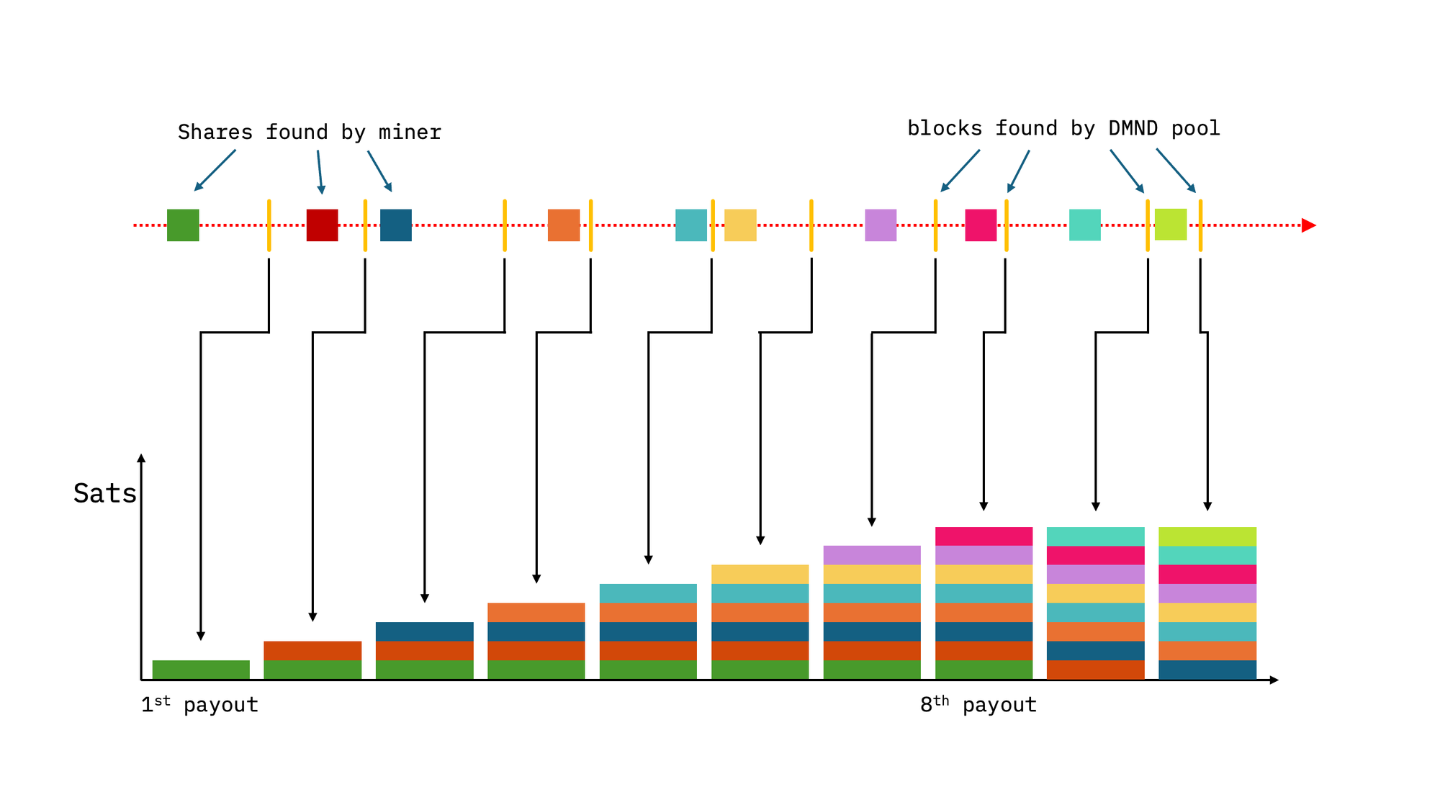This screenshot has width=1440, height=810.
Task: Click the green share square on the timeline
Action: pos(183,225)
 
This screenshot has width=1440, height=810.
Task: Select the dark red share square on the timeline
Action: pos(323,225)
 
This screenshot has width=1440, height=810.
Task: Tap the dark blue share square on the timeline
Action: pos(396,225)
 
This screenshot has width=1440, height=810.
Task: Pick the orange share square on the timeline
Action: pos(564,225)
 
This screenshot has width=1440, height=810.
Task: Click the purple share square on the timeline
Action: pos(881,225)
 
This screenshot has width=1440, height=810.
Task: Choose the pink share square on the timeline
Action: pos(981,225)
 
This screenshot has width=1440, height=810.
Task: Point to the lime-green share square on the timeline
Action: pos(1171,225)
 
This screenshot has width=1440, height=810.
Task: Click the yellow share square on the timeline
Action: pos(740,225)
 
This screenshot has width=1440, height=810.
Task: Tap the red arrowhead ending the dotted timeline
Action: pos(1309,225)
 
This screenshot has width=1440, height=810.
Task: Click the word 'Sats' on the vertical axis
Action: pos(105,494)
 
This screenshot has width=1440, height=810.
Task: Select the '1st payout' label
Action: pos(199,704)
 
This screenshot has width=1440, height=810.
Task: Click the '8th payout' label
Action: pos(978,704)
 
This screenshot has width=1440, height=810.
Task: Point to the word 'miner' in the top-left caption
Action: pos(410,132)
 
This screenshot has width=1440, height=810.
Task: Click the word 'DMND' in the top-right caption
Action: pos(1133,129)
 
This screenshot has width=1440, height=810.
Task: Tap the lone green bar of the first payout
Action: pos(201,670)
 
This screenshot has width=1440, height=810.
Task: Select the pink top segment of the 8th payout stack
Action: pos(984,536)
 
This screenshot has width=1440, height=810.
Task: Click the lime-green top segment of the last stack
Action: pos(1207,536)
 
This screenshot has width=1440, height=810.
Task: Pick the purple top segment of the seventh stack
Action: pos(872,555)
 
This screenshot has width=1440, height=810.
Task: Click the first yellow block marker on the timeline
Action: pos(269,225)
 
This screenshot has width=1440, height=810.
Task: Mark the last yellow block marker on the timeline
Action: pos(1200,225)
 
